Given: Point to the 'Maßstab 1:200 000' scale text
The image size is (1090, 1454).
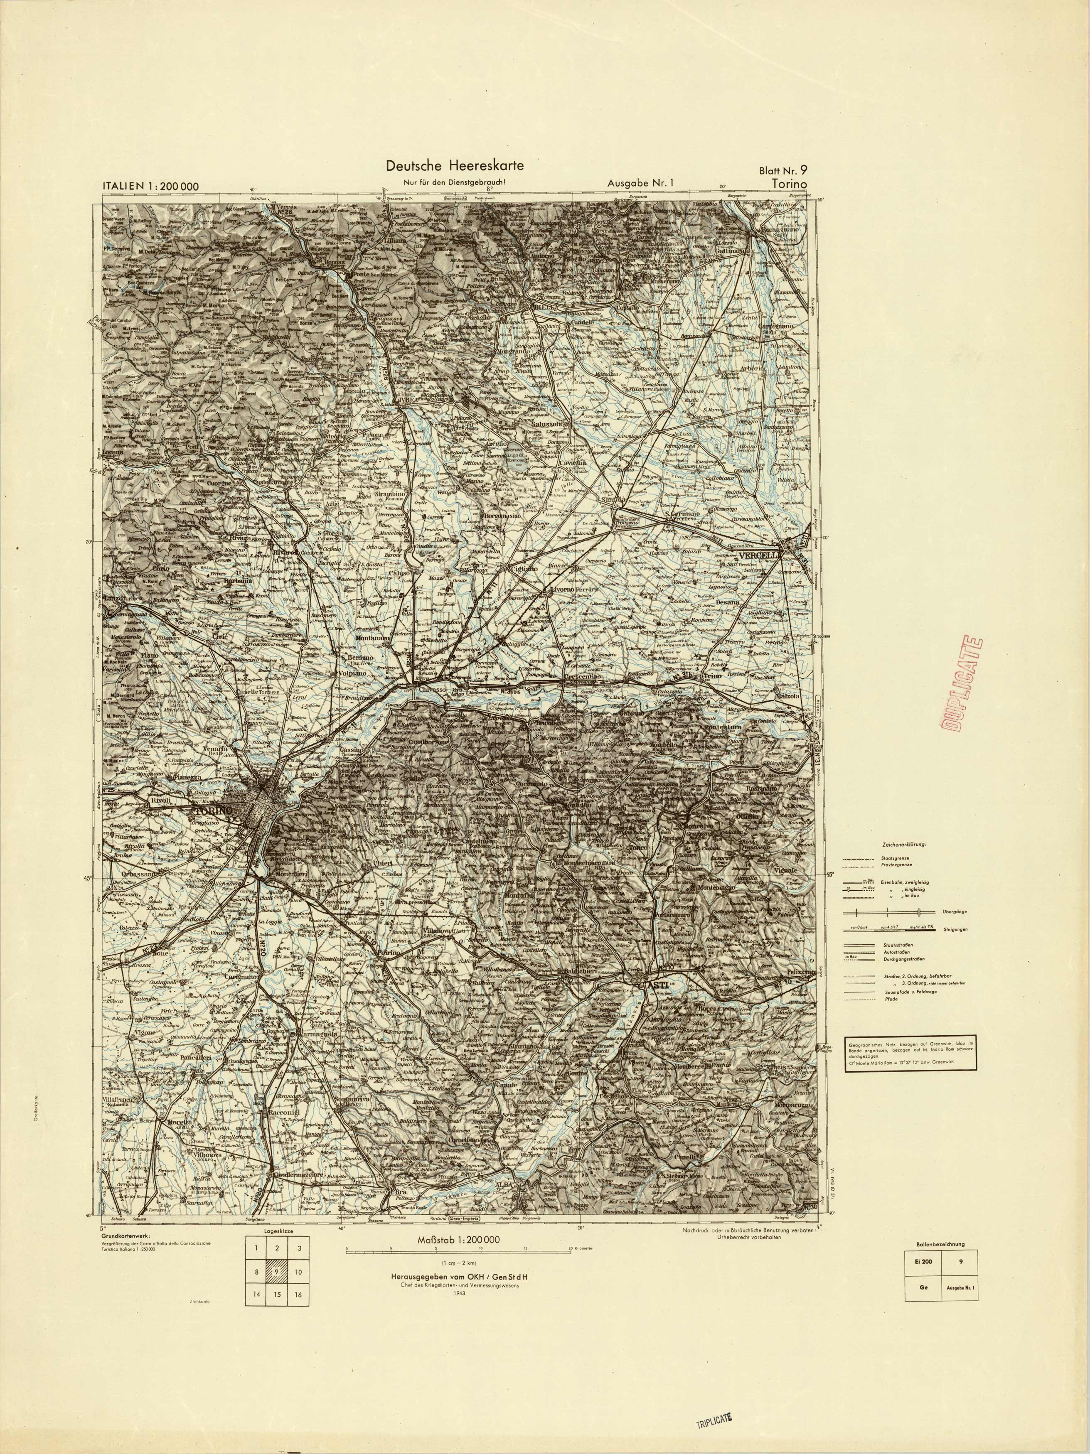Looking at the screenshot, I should pos(458,1240).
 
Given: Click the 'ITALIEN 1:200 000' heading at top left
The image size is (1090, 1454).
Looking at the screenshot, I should pos(150,186).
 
